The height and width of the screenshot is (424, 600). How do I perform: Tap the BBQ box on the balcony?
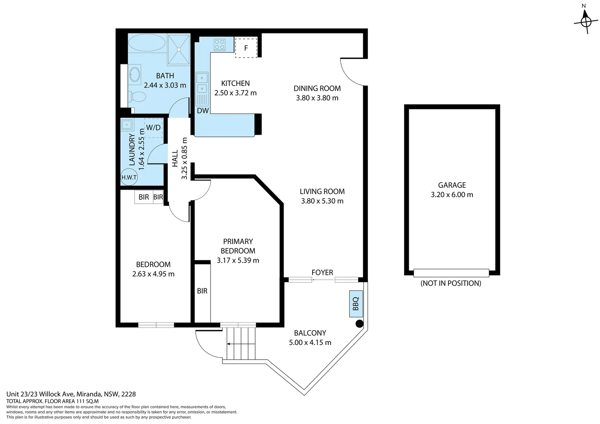click(x=356, y=304)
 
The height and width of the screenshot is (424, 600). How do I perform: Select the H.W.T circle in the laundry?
click(x=129, y=177)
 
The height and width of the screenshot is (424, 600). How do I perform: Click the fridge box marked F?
click(x=246, y=48)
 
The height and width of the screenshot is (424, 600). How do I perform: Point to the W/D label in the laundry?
click(x=154, y=128)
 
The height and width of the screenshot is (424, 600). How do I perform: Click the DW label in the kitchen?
click(x=203, y=111)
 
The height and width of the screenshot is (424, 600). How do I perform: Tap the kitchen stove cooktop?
click(x=220, y=45)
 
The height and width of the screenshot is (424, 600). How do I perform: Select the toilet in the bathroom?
click(x=137, y=97)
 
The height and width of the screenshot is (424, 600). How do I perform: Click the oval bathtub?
click(x=147, y=42)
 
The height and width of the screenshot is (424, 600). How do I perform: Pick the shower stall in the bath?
click(x=179, y=49)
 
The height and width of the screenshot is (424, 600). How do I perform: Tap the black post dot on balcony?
click(x=359, y=323)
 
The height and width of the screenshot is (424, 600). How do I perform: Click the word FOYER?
click(x=322, y=272)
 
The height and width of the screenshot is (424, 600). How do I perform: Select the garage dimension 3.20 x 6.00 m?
click(x=452, y=195)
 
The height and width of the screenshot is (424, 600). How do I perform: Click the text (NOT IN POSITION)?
click(x=451, y=283)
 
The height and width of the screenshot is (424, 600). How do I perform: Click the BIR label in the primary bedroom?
click(x=202, y=291)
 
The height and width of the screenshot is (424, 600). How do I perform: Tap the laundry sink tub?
click(x=127, y=125)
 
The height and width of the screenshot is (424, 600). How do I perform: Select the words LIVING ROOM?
click(x=322, y=192)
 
